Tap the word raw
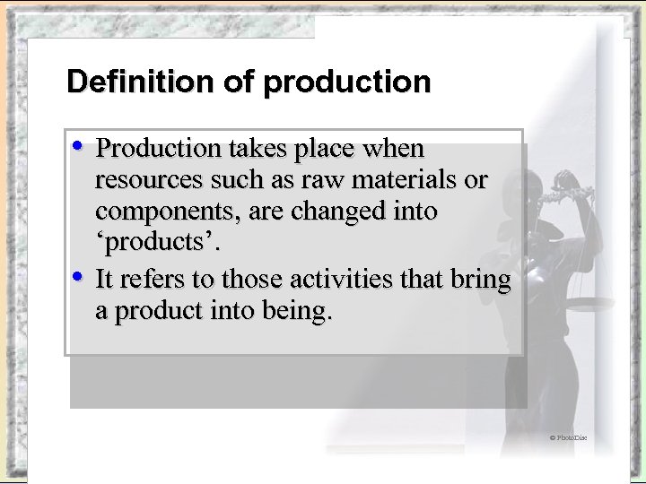point(328,180)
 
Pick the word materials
point(409,180)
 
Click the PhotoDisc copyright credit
point(568,437)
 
